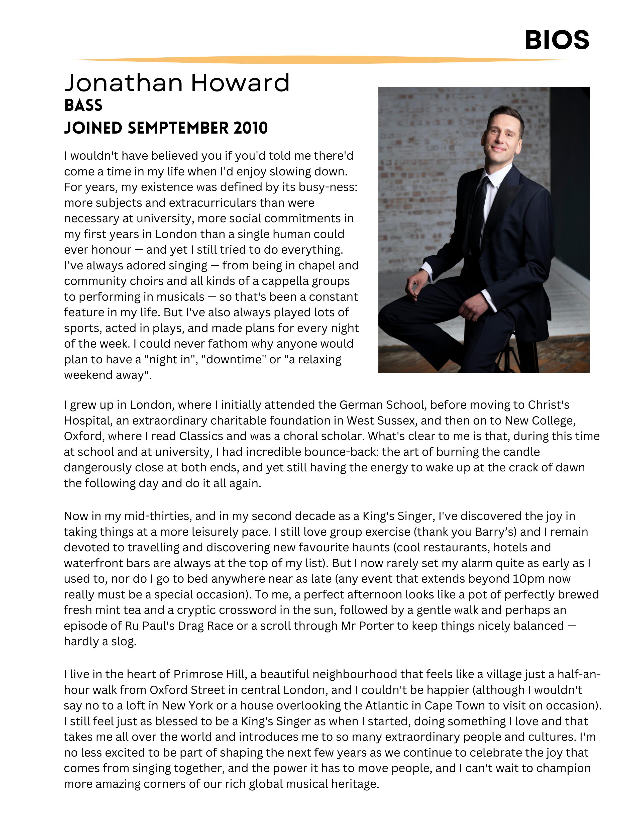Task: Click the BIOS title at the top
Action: point(557,40)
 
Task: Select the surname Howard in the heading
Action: point(240,83)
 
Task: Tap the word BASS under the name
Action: point(83,105)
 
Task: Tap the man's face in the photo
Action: point(503,134)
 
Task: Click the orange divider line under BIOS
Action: point(320,60)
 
